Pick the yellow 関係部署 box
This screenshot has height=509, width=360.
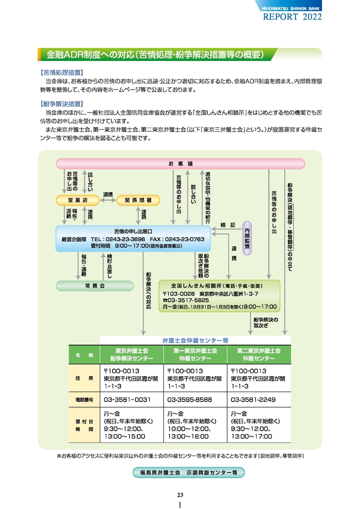tap(138, 200)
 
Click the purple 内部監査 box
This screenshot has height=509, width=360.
tap(247, 238)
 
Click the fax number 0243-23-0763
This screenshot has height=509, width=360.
tap(184, 239)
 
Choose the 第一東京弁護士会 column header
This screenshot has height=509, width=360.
tap(195, 355)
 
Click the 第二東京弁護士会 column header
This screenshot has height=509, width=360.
tap(259, 355)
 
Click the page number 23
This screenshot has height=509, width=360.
tap(180, 495)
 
